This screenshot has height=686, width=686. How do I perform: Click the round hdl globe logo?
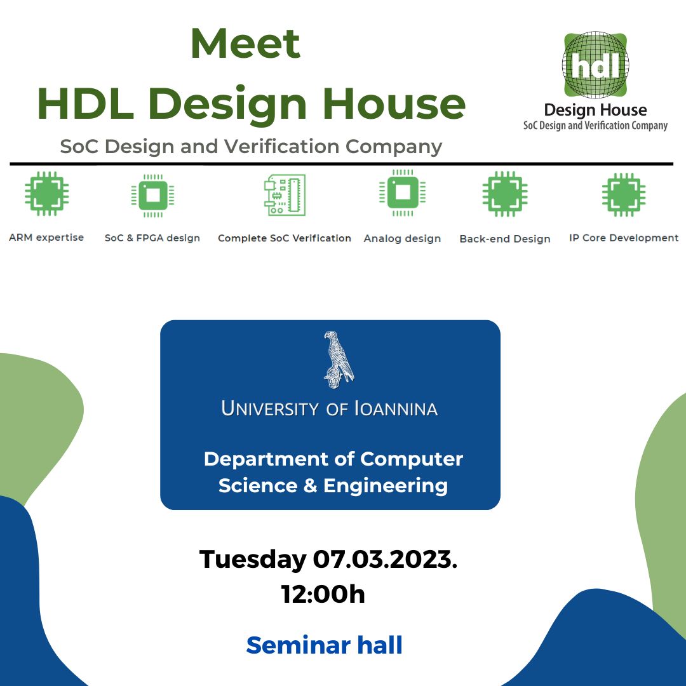click(x=595, y=65)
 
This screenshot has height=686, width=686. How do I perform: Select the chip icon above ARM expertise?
click(x=46, y=193)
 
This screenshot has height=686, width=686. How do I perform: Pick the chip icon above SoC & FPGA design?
click(x=152, y=196)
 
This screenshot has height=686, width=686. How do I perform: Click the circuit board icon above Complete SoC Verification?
click(x=285, y=195)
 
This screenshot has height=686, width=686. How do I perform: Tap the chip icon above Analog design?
click(x=403, y=192)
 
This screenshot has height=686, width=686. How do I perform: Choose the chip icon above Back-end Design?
click(x=505, y=194)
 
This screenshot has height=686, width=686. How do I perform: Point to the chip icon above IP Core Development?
click(x=624, y=195)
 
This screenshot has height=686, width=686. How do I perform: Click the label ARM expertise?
click(x=46, y=238)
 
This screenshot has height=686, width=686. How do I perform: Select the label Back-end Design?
click(x=505, y=239)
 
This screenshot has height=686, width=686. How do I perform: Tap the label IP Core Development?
click(x=624, y=238)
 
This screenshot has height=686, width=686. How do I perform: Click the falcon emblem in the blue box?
click(x=338, y=360)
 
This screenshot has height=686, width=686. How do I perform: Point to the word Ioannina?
click(x=396, y=408)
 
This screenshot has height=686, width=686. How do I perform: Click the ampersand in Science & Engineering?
click(x=310, y=486)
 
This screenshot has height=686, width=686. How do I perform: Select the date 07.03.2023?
click(x=385, y=559)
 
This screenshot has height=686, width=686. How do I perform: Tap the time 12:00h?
click(x=323, y=594)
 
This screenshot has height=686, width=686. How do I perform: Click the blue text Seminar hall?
click(x=324, y=645)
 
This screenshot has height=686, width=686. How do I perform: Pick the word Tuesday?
click(x=253, y=560)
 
